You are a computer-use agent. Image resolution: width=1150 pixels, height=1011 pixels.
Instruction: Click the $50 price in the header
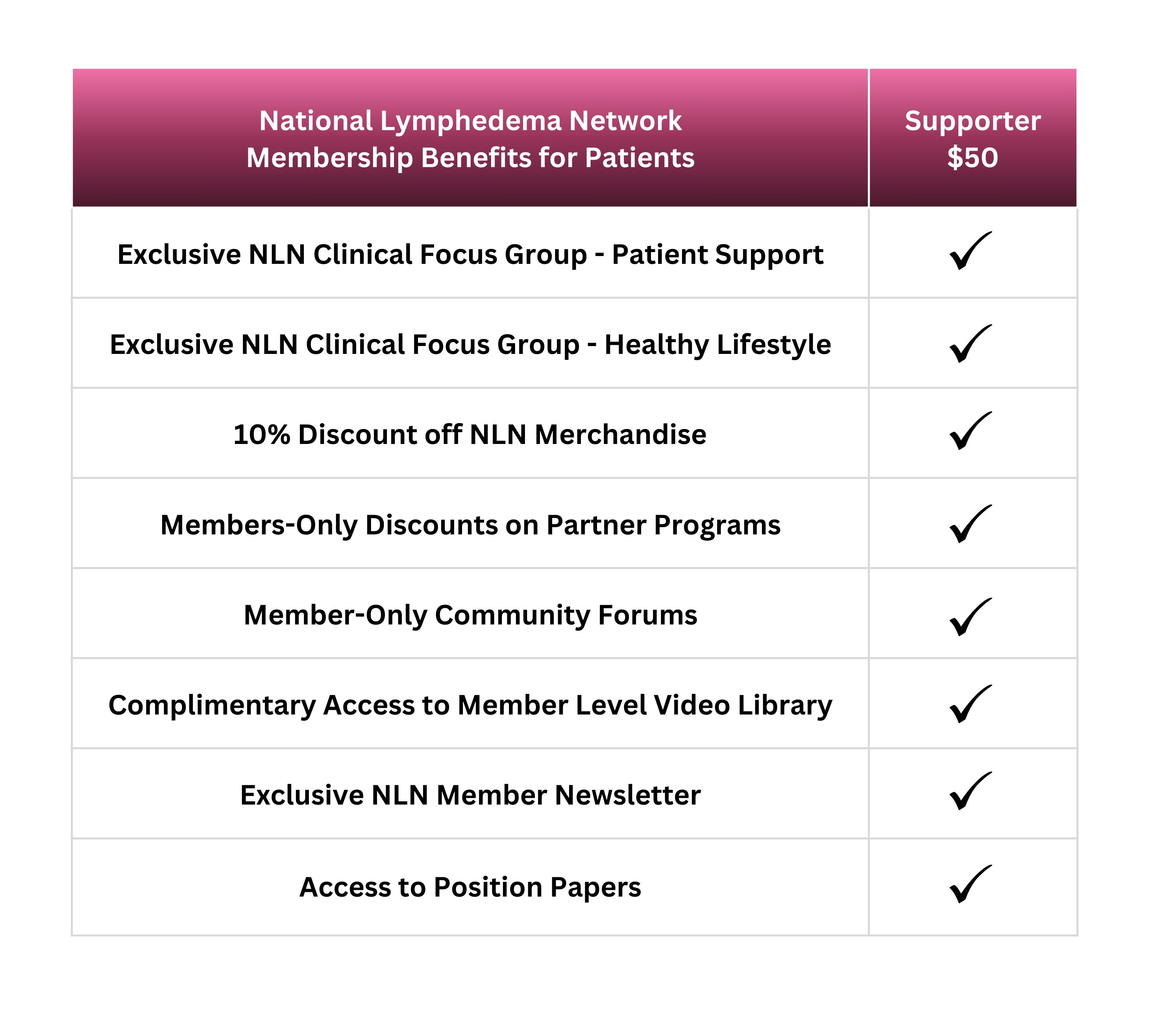pyautogui.click(x=972, y=157)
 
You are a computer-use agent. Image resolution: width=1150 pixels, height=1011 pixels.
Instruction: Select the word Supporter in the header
pyautogui.click(x=972, y=121)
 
